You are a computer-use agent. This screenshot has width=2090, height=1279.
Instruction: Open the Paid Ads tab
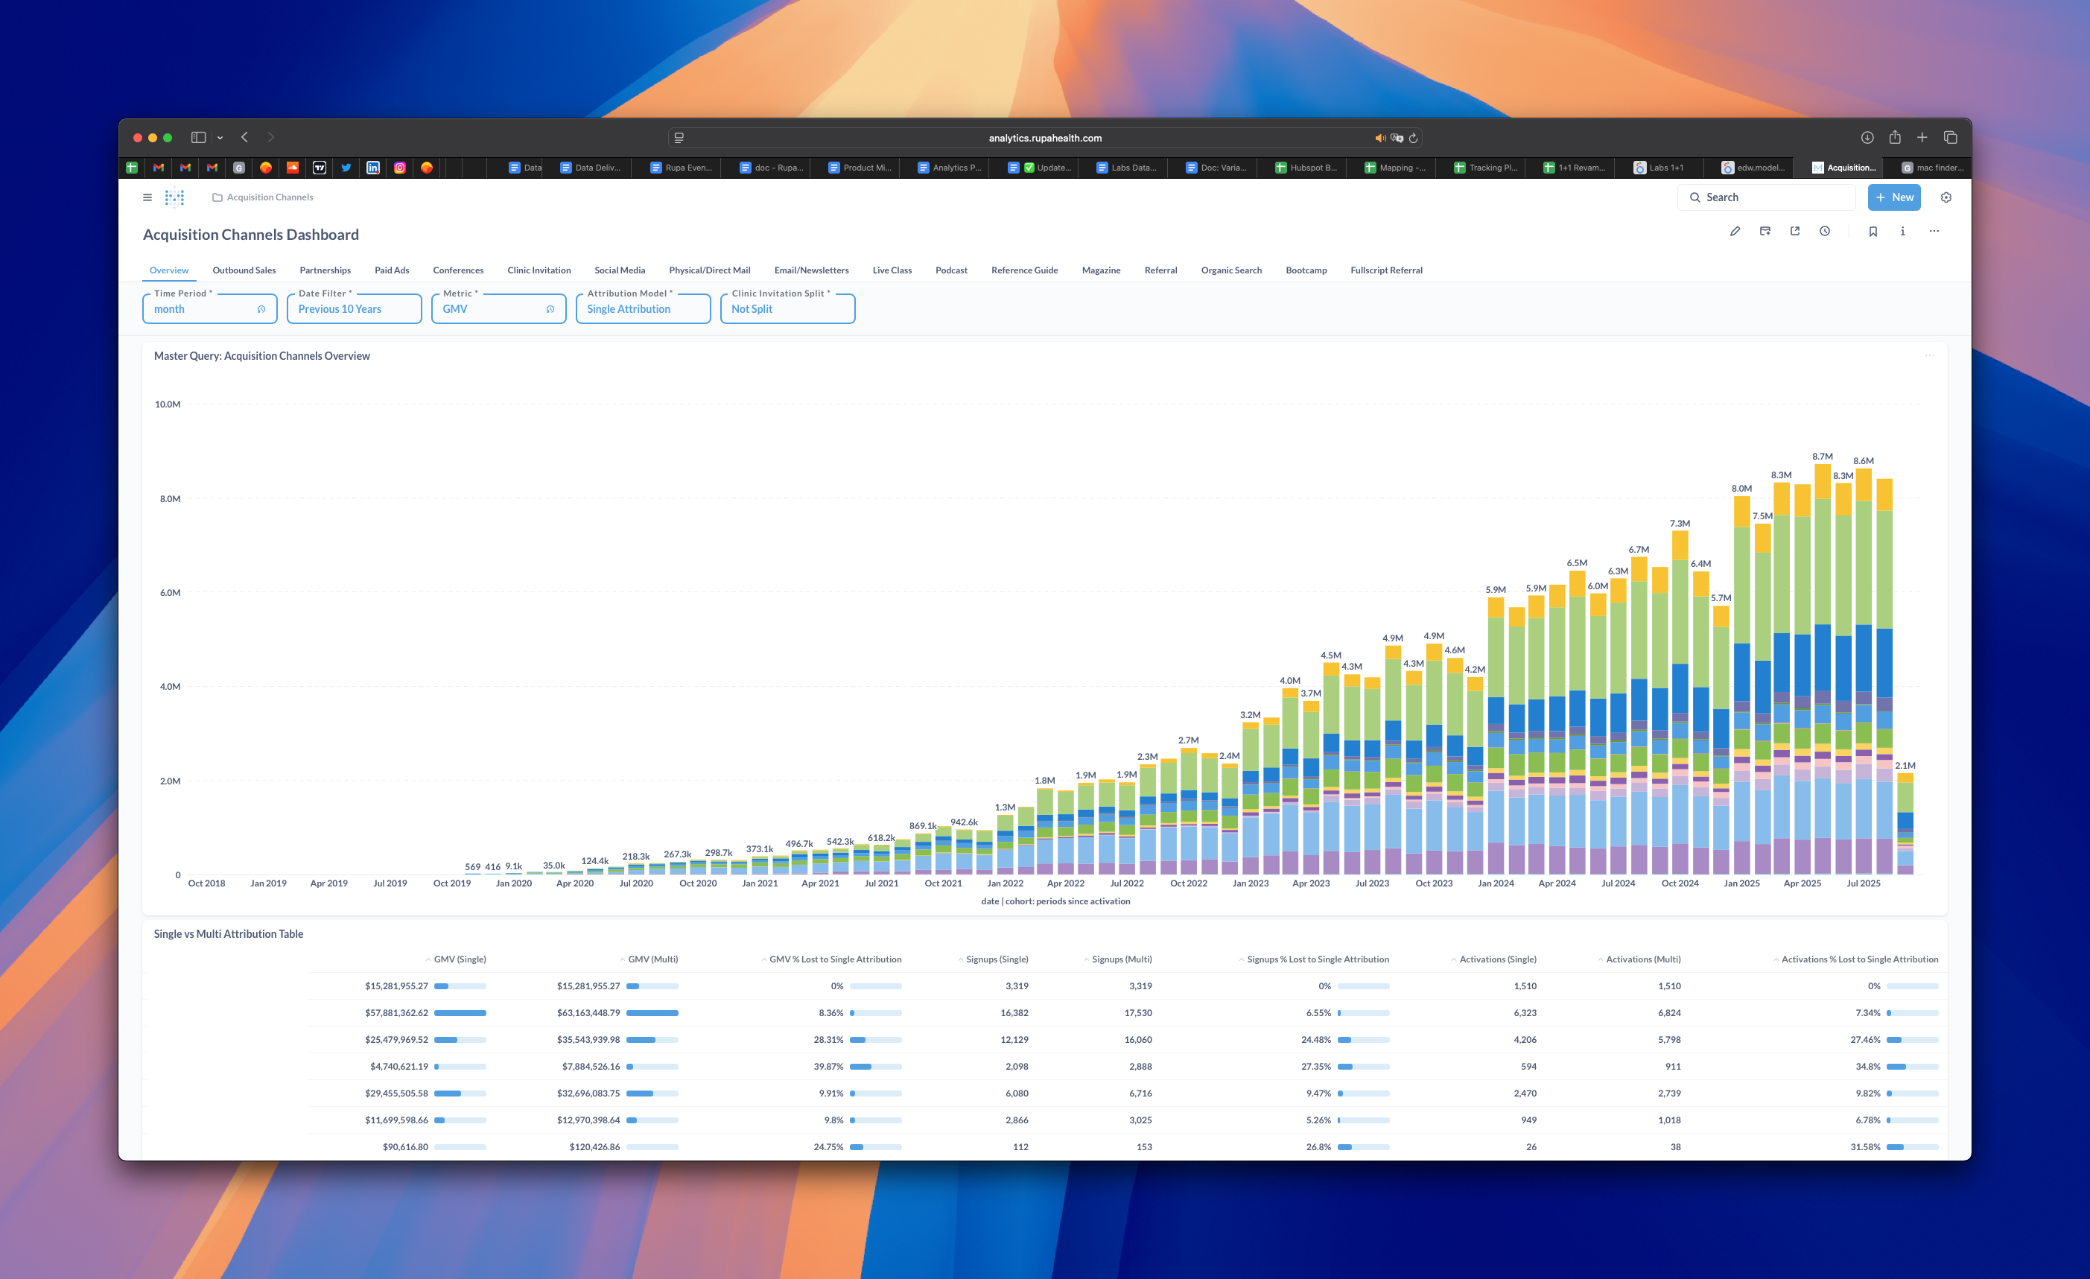click(391, 270)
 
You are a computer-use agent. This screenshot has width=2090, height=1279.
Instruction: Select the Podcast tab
click(951, 270)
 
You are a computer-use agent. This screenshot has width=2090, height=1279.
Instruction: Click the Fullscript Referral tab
click(1386, 270)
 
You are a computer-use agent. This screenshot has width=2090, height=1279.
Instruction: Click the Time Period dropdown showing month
click(209, 308)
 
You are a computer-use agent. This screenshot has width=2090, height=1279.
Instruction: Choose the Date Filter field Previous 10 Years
click(354, 308)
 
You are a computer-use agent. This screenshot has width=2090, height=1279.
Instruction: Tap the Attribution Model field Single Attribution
click(642, 308)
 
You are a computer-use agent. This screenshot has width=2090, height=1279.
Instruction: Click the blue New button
click(1893, 197)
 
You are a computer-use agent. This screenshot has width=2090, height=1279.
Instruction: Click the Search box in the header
click(1766, 197)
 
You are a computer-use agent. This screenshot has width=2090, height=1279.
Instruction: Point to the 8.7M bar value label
click(1822, 457)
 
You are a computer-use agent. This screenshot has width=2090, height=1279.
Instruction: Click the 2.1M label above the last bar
click(1905, 765)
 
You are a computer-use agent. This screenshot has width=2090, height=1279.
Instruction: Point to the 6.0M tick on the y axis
click(170, 593)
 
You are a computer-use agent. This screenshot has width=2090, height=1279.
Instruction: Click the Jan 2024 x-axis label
click(1496, 883)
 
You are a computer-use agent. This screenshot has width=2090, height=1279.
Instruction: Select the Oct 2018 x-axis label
click(206, 883)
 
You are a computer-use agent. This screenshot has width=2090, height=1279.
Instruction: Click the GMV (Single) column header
click(460, 959)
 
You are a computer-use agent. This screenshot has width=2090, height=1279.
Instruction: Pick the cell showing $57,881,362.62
click(396, 1012)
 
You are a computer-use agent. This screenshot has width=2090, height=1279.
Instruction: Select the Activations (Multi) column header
click(1642, 959)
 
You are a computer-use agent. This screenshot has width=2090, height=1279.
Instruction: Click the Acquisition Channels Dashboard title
click(250, 235)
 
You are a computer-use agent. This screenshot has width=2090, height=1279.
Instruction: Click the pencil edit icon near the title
click(1735, 232)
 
